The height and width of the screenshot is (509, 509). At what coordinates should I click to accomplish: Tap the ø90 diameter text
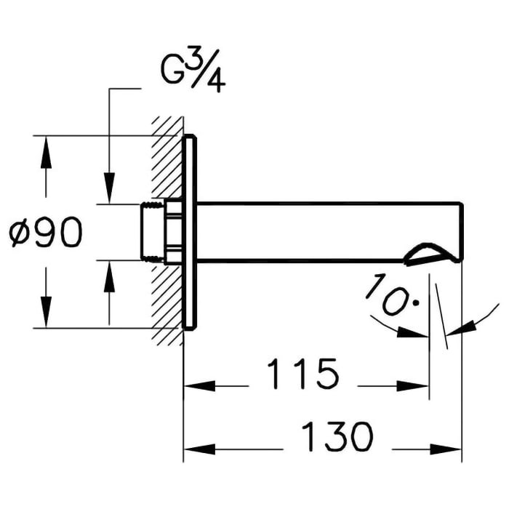click(x=45, y=233)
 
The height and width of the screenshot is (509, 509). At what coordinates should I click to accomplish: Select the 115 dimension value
click(x=302, y=374)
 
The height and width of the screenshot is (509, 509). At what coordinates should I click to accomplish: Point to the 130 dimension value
click(x=337, y=437)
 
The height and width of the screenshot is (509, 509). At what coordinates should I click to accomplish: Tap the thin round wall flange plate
click(x=189, y=233)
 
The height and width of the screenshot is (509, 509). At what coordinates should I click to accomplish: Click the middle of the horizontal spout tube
click(x=327, y=231)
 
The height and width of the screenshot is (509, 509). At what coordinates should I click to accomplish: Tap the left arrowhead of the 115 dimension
click(x=195, y=385)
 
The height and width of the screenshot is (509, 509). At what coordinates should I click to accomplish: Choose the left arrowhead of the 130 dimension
click(x=195, y=448)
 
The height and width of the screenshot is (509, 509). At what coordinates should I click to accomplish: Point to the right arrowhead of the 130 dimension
click(x=451, y=448)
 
